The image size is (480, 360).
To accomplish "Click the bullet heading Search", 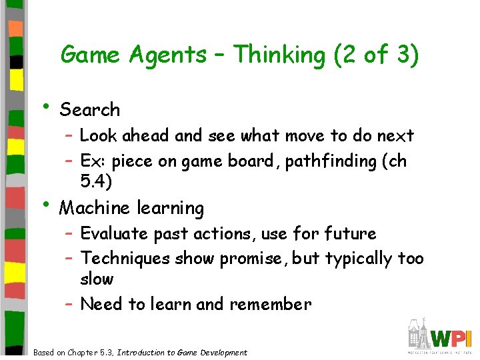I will tap(90, 110).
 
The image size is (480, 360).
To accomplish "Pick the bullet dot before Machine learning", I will tap(45, 204).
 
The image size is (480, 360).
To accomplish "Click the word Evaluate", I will tap(114, 234).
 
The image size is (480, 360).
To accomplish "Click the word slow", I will tap(97, 279).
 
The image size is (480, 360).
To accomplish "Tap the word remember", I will tap(270, 305).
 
